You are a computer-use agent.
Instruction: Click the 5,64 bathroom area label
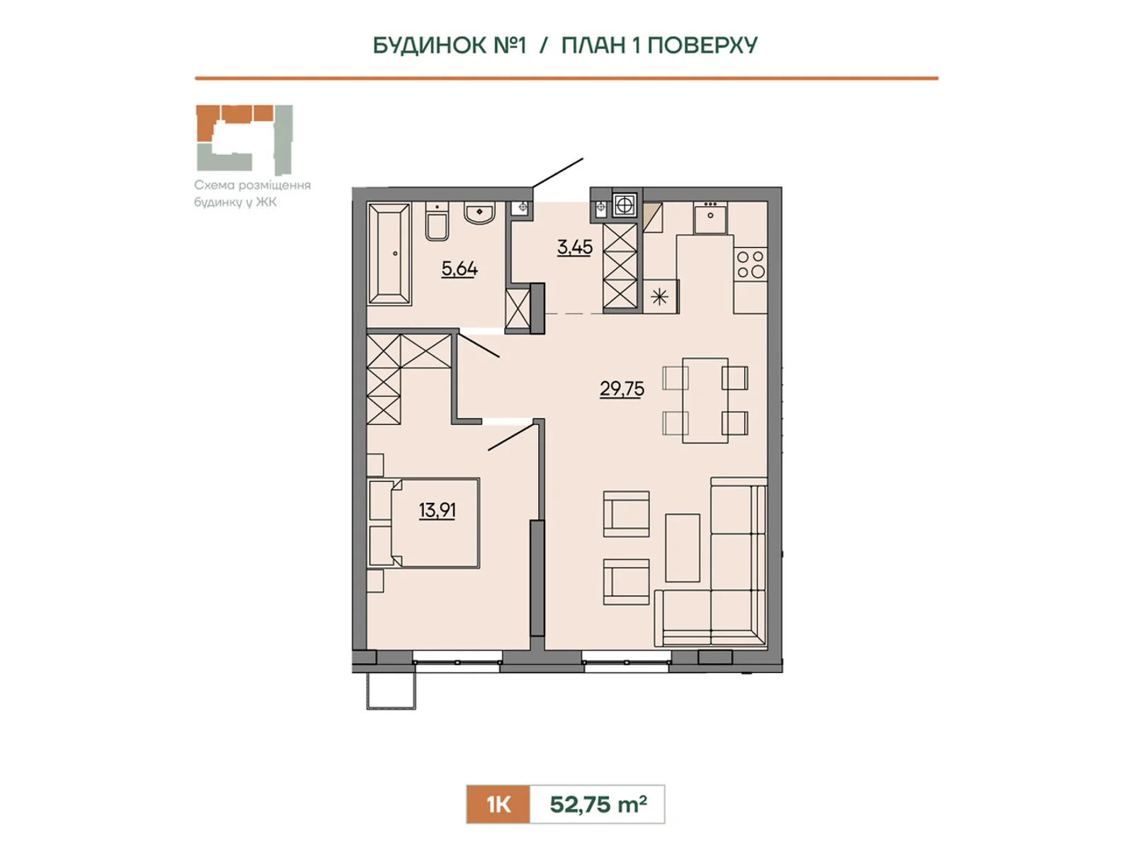[460, 268]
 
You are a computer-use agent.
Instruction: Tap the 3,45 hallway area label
[574, 247]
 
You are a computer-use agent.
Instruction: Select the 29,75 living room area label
[622, 388]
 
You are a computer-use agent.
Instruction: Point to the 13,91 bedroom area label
[437, 510]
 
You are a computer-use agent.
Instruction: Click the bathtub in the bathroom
[389, 253]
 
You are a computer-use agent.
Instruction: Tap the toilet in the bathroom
[437, 221]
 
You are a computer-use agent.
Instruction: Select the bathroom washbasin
[479, 212]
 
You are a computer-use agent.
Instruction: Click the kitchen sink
[710, 217]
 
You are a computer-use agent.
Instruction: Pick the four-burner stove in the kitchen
[751, 263]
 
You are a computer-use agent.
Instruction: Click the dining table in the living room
[705, 400]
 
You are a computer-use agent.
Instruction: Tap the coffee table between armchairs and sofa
[683, 548]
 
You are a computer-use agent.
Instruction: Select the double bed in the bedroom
[423, 523]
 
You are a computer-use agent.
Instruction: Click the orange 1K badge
[498, 804]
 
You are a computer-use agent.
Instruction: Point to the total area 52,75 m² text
[598, 804]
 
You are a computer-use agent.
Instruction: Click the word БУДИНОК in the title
[430, 45]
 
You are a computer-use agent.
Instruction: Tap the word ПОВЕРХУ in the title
[702, 45]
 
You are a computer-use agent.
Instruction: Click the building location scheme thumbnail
[245, 140]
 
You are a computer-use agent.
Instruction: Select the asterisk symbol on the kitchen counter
[660, 297]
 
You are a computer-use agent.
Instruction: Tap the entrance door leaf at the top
[557, 172]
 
